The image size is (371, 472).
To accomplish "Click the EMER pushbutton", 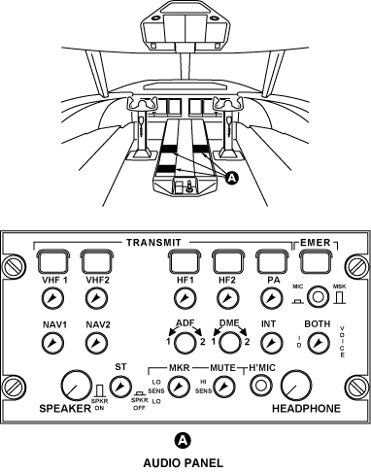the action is [316, 261].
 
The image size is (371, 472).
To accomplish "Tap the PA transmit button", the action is [272, 261].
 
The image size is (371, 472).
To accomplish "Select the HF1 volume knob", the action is [185, 298].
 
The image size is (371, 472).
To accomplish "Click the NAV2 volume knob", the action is [97, 343].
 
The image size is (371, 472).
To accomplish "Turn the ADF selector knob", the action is [185, 343].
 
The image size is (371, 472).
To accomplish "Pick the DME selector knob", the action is [230, 343].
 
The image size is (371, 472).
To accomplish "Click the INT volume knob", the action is [271, 343].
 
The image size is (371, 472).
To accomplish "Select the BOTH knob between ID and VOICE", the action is [319, 343].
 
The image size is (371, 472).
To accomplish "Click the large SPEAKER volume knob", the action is [76, 386].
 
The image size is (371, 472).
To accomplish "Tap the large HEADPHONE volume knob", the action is [296, 386].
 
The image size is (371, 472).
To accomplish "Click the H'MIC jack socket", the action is [260, 386].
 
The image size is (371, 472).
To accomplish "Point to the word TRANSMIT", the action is [153, 243].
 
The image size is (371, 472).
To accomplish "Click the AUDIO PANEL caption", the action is [184, 463].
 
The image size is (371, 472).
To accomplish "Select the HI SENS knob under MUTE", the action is [224, 387].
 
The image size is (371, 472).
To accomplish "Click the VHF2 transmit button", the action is [97, 261].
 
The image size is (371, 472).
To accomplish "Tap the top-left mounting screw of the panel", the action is [14, 266].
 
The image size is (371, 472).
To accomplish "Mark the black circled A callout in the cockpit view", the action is [232, 178].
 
